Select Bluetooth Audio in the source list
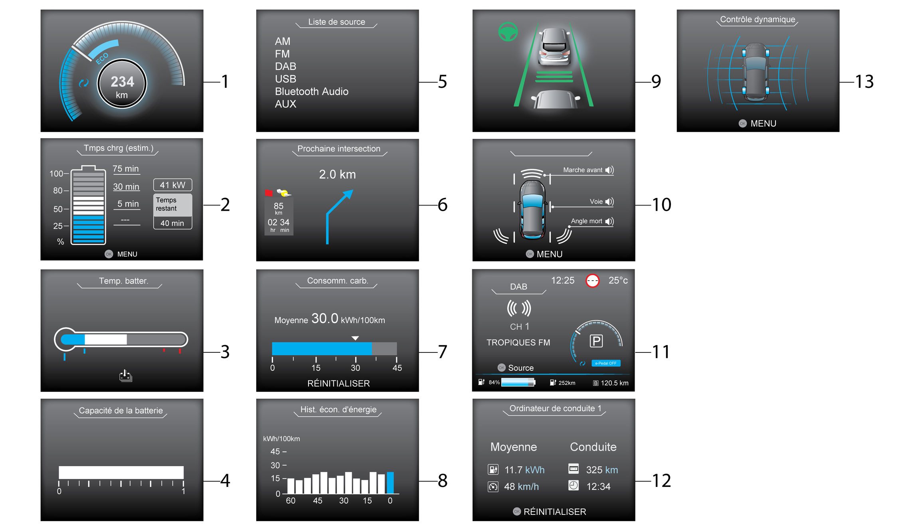(311, 91)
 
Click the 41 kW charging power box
(173, 185)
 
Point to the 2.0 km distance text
(337, 174)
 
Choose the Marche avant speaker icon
(609, 170)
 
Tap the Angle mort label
(586, 221)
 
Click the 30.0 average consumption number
(325, 318)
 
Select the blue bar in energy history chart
(390, 483)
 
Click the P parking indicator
(596, 341)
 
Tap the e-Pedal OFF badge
(606, 363)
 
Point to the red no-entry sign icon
(592, 281)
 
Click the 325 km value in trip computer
(602, 470)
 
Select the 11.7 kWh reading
(524, 470)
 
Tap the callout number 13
(864, 82)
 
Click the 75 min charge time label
(126, 169)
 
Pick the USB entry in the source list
(285, 79)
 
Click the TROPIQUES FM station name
(518, 342)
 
